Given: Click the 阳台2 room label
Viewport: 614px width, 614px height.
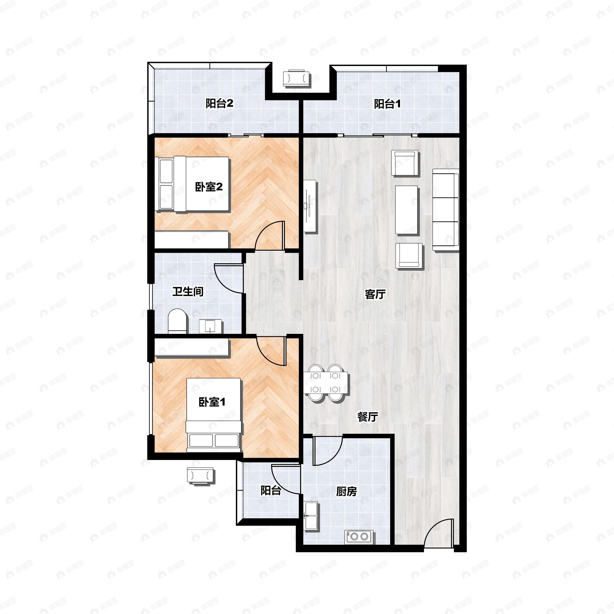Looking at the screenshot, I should pos(219,103).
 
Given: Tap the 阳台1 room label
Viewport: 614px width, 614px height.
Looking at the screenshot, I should pos(387,104).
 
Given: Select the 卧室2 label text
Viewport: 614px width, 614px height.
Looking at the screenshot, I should pos(209,187).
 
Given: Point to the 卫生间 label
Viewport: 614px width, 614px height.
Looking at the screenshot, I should pos(188,291).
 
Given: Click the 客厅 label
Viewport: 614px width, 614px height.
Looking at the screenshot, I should pos(375,294).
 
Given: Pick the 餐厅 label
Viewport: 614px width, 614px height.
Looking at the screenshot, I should pos(368,417).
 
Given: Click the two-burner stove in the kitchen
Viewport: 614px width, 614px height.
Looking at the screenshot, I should pos(359,537).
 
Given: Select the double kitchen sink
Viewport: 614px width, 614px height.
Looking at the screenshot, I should pos(311,516).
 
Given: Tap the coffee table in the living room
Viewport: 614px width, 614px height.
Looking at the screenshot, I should pos(406,210).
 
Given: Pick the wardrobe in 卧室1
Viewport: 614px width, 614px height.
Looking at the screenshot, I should pos(191,347).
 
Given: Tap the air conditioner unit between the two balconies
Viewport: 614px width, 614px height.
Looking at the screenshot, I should pos(297,78).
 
